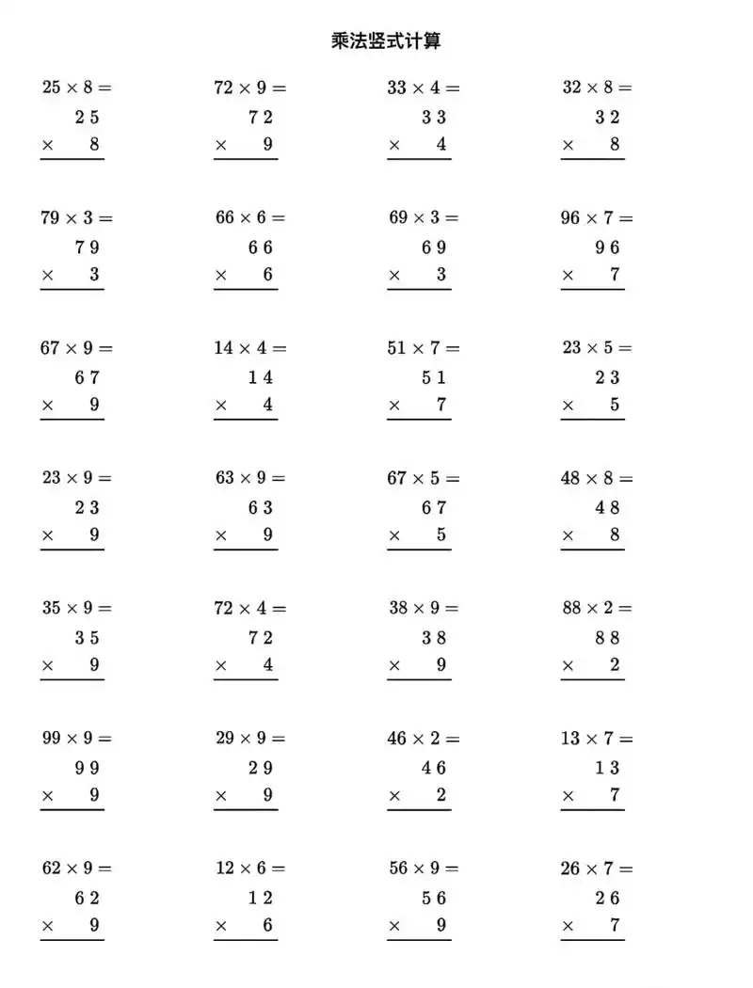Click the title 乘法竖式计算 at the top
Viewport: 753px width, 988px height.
tap(386, 41)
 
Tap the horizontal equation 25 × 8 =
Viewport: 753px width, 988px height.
tap(76, 88)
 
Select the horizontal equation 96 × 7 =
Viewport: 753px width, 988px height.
tap(597, 217)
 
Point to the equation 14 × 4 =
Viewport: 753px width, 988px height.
tap(249, 347)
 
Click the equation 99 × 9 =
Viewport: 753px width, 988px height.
tap(76, 738)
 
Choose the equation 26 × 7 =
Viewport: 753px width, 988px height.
tap(597, 868)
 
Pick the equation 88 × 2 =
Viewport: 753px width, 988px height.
tap(597, 608)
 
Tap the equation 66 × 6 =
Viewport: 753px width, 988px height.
tap(249, 217)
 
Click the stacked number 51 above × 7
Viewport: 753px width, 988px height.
tap(434, 377)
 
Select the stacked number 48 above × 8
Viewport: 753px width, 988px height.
tap(607, 507)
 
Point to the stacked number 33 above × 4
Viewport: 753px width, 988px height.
tap(434, 118)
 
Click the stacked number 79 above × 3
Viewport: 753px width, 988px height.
tap(88, 247)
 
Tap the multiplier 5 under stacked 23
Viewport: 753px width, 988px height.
tap(615, 405)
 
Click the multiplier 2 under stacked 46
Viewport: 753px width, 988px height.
tap(441, 795)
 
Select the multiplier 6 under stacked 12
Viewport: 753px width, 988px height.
tap(268, 925)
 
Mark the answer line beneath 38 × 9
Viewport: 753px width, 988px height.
tap(419, 679)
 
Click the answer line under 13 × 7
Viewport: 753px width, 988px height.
tap(592, 809)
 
